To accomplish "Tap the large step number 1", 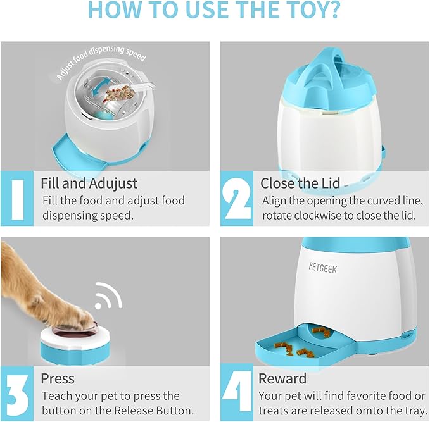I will pos(18,199).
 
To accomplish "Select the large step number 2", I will pos(237,199).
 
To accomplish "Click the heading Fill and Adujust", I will pos(89,184).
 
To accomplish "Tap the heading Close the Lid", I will pos(300,184).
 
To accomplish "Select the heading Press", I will pos(58,378).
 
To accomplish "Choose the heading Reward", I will pos(282,378).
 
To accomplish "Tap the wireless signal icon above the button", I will pos(108,297).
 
